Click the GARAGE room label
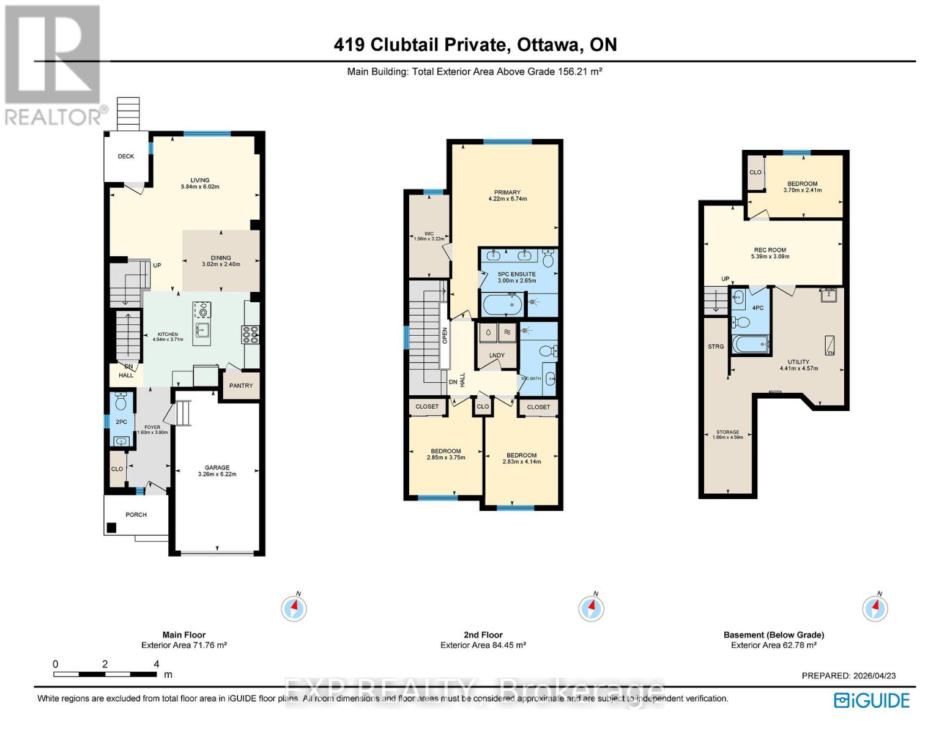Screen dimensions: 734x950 pyautogui.click(x=217, y=468)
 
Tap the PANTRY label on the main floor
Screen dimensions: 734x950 pyautogui.click(x=241, y=385)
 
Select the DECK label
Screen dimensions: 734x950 pyautogui.click(x=126, y=156)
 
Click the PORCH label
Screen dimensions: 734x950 pyautogui.click(x=136, y=514)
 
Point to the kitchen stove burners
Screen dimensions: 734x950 pyautogui.click(x=251, y=335)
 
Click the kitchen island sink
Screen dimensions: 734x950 pyautogui.click(x=201, y=331)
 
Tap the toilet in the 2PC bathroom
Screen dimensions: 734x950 pyautogui.click(x=121, y=402)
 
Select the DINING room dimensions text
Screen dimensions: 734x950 pyautogui.click(x=221, y=265)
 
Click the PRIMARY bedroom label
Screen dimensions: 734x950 pyautogui.click(x=507, y=192)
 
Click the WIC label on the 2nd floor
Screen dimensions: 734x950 pyautogui.click(x=429, y=234)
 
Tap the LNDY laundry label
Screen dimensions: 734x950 pyautogui.click(x=497, y=355)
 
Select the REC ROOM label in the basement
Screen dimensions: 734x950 pyautogui.click(x=770, y=250)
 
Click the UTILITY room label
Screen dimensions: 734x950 pyautogui.click(x=798, y=361)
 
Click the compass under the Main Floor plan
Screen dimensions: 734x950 pyautogui.click(x=294, y=608)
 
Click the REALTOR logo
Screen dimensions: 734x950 pyautogui.click(x=53, y=64)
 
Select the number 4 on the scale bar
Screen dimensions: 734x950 pyautogui.click(x=157, y=664)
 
